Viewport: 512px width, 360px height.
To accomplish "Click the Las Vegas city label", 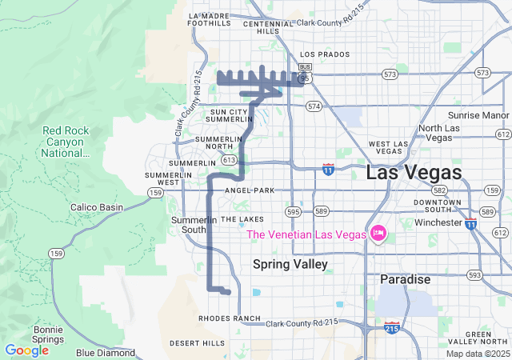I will coord(414,173).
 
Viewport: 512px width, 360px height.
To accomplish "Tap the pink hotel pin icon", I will coord(378,234).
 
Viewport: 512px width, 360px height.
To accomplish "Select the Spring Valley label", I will coord(290,264).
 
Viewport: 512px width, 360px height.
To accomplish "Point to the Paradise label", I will coord(405,279).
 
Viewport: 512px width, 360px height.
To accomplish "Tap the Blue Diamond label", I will coord(106,353).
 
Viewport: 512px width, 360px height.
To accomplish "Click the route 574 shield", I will coord(313,106).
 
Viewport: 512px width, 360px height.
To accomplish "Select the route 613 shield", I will coord(230,160).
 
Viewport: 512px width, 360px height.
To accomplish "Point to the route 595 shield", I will coord(294,212).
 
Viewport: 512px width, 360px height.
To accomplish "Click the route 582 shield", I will coord(439,190).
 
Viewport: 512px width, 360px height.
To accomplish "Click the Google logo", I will coord(26,350).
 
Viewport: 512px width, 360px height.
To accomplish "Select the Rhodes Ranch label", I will coord(230,318).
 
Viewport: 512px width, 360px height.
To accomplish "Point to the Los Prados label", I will coord(323,54).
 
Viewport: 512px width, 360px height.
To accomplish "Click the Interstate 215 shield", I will coord(392,328).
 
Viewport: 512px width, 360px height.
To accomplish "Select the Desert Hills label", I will coord(198,343).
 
